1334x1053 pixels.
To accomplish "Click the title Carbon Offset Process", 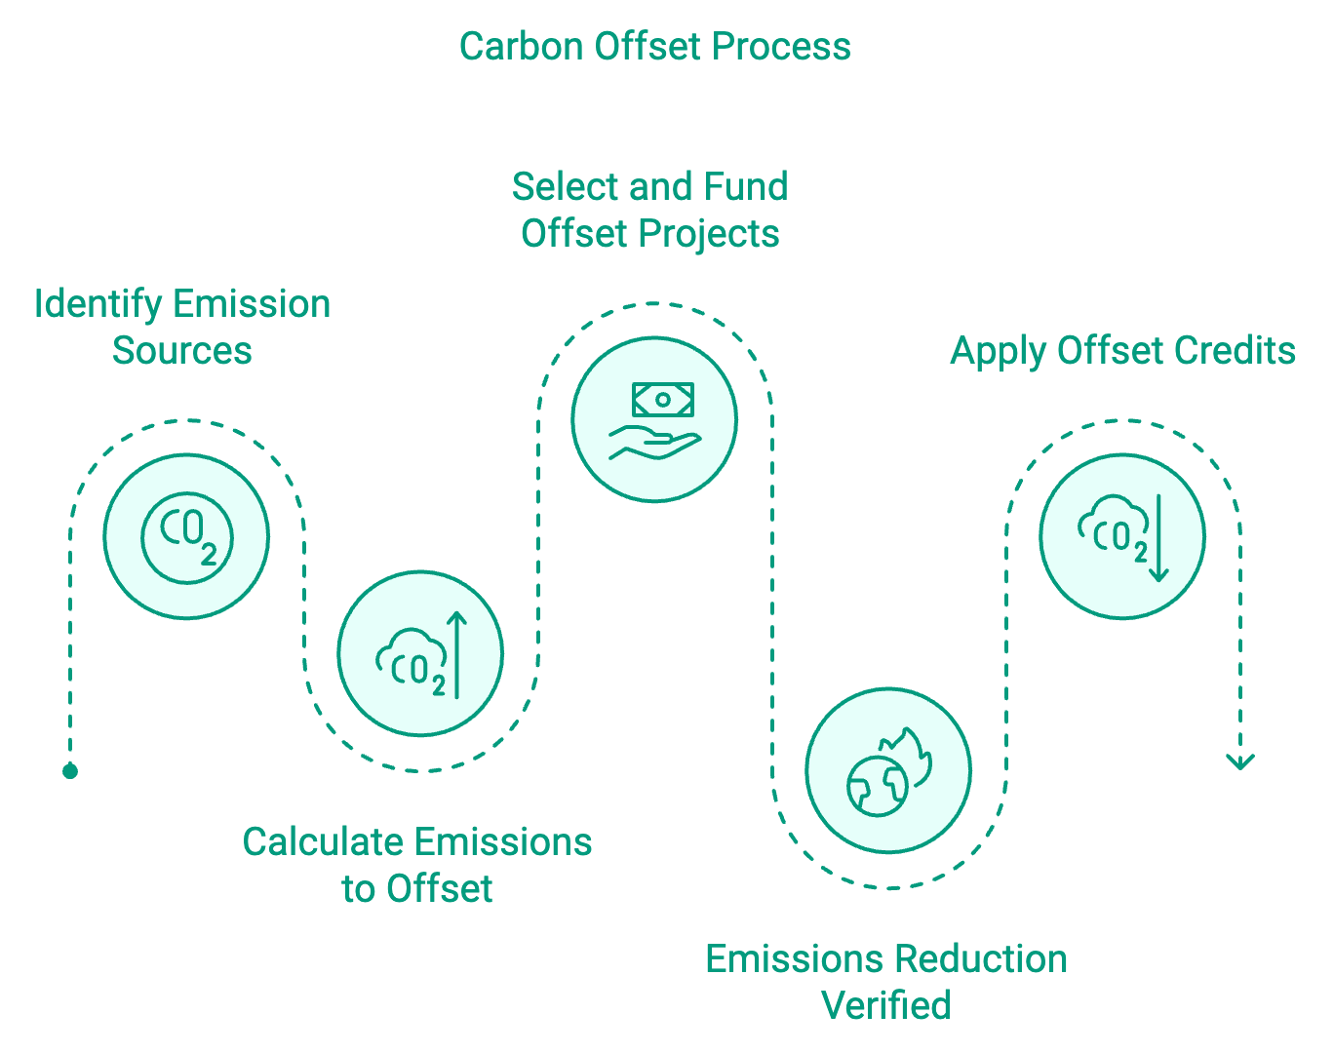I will click(654, 47).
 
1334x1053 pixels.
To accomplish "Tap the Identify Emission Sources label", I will click(182, 327).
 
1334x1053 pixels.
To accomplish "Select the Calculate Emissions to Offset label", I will click(417, 865).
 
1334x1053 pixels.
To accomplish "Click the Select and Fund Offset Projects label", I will click(650, 210).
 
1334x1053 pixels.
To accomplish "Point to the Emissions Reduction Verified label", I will click(886, 982).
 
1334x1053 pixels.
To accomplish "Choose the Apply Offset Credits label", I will click(1122, 351).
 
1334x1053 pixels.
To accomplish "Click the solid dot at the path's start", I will click(70, 771).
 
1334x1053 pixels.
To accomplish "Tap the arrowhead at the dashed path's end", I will click(1240, 760).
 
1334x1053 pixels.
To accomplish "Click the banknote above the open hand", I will click(662, 399).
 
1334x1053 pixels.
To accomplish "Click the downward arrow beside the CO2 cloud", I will click(1158, 538).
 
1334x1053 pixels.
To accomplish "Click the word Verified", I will click(886, 1005).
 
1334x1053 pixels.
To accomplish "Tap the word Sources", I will click(182, 351).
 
